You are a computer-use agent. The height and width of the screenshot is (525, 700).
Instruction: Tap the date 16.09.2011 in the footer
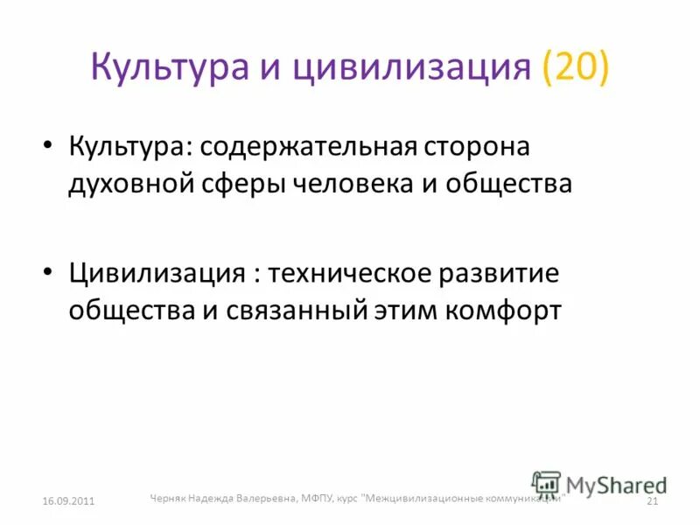[68, 500]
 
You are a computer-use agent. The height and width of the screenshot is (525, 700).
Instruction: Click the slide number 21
[651, 500]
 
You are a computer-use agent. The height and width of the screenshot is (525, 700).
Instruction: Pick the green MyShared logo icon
[546, 485]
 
